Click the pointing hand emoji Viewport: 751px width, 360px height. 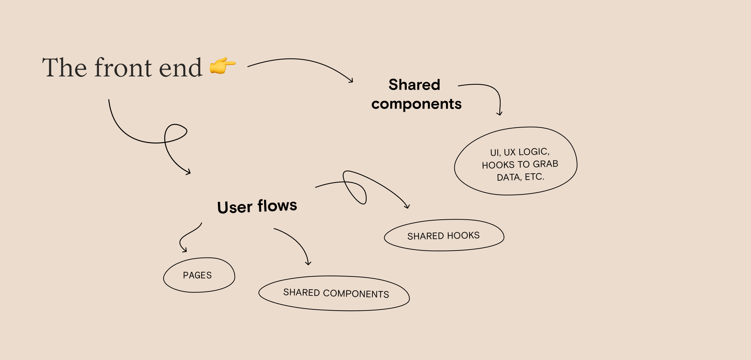(x=222, y=65)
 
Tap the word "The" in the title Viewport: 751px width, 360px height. (x=64, y=67)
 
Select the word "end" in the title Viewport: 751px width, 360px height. (x=180, y=67)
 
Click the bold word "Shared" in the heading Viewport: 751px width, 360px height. (x=414, y=85)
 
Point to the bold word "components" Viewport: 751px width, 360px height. (x=416, y=104)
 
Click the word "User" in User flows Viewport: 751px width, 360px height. (x=235, y=207)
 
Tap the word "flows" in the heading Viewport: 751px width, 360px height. (x=277, y=206)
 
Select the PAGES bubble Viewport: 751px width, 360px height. (x=199, y=275)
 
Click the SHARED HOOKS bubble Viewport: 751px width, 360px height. (x=444, y=236)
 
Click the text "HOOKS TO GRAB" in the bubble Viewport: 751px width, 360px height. (x=520, y=164)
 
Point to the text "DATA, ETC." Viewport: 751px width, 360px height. (x=520, y=177)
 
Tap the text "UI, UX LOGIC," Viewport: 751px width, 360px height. (x=520, y=152)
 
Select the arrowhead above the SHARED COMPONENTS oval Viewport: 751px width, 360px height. (x=308, y=264)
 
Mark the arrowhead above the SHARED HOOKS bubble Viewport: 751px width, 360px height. (x=407, y=207)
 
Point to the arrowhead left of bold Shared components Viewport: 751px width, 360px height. (x=351, y=81)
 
